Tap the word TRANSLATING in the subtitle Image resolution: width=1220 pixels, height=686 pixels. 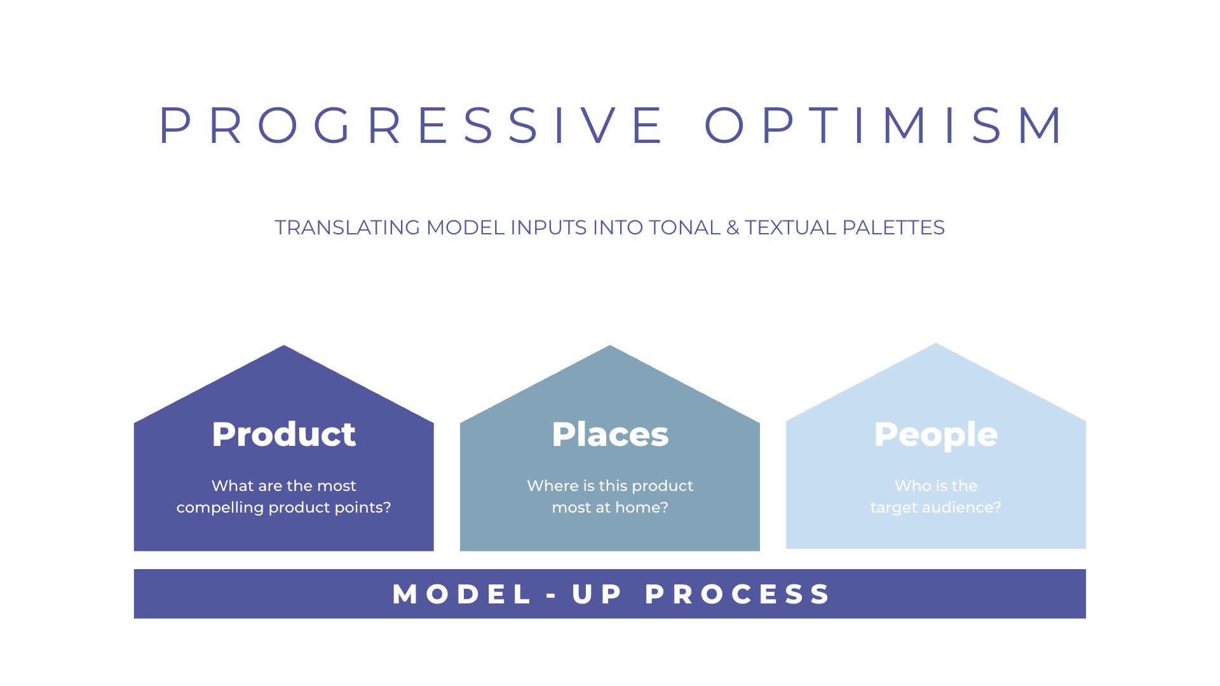[347, 227]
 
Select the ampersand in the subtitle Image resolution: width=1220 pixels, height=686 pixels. [733, 227]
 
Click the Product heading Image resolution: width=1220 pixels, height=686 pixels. [283, 434]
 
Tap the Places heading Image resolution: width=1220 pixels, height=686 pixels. [610, 434]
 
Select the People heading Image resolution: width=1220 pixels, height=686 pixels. [936, 434]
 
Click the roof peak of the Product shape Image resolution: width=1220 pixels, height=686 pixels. [284, 349]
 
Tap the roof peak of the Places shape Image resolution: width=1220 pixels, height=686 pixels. [610, 349]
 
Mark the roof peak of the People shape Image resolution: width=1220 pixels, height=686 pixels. [936, 347]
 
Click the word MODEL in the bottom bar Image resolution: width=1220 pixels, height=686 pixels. [462, 595]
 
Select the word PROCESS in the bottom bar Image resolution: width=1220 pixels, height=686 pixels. [738, 595]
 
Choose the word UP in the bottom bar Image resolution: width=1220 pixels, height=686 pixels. [597, 595]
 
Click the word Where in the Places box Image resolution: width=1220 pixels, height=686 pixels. [552, 486]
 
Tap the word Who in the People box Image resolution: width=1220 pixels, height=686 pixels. [909, 486]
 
